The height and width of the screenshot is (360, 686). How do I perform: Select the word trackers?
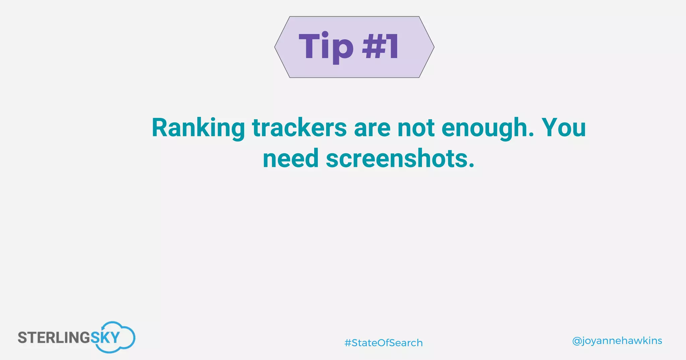point(299,128)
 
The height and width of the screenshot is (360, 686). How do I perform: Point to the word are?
point(372,128)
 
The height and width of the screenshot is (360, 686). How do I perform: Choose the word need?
point(290,159)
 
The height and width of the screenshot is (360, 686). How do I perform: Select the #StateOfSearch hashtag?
point(384,343)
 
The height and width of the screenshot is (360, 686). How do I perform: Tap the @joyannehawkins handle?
point(617,341)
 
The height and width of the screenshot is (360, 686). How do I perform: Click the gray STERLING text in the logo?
point(54,338)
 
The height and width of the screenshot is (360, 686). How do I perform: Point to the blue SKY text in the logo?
point(105,338)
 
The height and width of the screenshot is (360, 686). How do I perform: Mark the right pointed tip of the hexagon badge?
point(433,47)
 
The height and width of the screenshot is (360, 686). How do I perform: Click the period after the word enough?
point(530,135)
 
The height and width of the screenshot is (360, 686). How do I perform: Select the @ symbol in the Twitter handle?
point(576,341)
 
